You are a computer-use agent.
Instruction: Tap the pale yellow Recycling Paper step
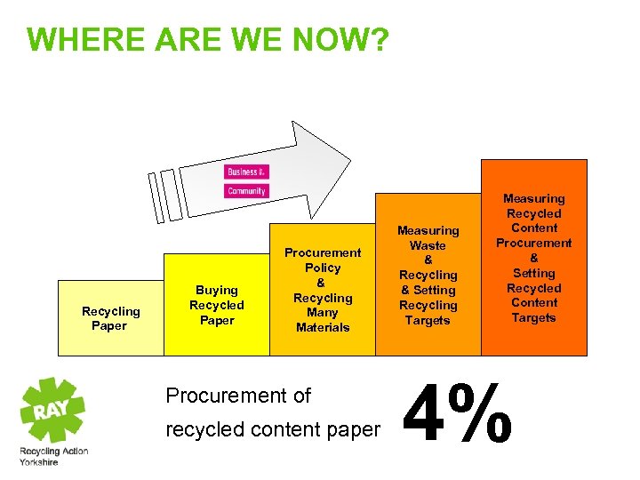110,318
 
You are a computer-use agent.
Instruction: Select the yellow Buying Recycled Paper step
216,305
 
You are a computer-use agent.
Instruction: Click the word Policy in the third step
323,268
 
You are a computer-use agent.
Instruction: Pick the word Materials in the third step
323,327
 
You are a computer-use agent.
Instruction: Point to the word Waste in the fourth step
428,245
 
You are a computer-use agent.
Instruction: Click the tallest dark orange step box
533,258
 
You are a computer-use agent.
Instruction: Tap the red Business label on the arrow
246,172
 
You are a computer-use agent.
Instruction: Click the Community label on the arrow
246,191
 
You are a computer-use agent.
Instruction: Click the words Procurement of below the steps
238,396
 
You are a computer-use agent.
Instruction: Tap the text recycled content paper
273,430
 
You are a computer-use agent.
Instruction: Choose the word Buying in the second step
217,290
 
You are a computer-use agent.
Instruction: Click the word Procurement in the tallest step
533,243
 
